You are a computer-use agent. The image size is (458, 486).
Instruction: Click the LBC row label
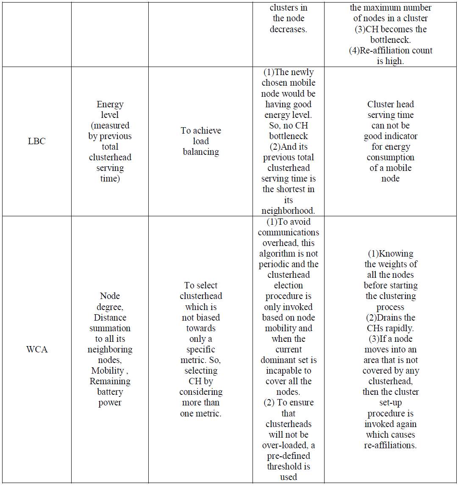coord(36,141)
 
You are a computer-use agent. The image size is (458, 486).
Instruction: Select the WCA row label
coord(36,350)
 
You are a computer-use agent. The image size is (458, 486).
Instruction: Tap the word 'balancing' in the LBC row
coord(201,152)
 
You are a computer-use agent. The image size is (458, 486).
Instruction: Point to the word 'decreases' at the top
coord(288,29)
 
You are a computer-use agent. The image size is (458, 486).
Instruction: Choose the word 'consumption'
coord(391,157)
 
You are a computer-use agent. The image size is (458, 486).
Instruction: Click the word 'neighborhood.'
coord(289,210)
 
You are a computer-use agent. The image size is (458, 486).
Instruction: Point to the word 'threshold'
coord(289,466)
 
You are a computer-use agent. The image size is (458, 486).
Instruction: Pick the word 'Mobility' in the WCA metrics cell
coord(108,371)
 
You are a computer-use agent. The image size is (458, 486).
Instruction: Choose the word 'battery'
coord(110,392)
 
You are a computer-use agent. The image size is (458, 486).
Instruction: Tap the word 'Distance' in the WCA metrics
coord(110,317)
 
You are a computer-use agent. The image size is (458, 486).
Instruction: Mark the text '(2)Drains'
coord(391,317)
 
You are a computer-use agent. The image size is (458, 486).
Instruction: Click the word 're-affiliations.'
coord(391,445)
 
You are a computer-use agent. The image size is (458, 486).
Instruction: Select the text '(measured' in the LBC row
coord(110,126)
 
